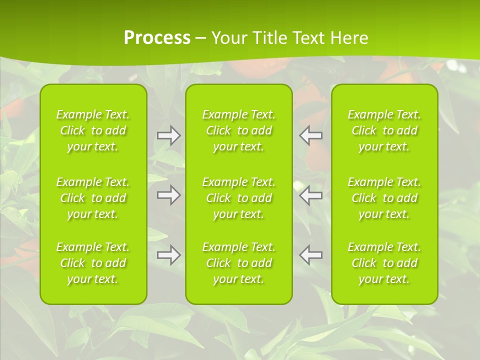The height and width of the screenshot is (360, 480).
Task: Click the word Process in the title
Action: [x=157, y=38]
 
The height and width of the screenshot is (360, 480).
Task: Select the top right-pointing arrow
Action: [x=168, y=135]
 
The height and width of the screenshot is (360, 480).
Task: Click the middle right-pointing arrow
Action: [x=168, y=195]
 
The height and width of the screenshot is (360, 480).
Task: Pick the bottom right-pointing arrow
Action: [x=168, y=255]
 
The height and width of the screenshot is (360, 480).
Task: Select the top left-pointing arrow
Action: [x=311, y=135]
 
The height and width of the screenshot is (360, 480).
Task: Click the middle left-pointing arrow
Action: [x=311, y=195]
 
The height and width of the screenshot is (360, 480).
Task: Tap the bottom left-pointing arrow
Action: [x=311, y=255]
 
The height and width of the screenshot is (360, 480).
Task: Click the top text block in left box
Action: [x=93, y=130]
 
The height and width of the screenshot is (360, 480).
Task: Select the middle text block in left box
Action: [x=93, y=198]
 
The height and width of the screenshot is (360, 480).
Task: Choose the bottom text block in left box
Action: [x=93, y=263]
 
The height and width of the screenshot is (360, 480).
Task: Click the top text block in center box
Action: [x=239, y=130]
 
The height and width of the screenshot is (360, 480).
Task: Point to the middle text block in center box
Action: [x=239, y=198]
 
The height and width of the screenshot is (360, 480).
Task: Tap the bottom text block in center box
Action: [x=239, y=263]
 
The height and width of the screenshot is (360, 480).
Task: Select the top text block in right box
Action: [x=384, y=130]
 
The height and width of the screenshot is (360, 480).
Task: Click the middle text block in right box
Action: [x=384, y=198]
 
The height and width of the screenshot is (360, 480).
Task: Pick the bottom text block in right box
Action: [x=384, y=263]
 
